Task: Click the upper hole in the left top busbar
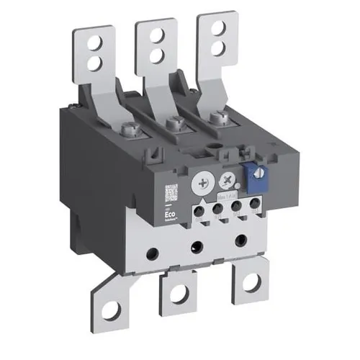tap(92, 45)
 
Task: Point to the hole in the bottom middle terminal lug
tap(179, 293)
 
